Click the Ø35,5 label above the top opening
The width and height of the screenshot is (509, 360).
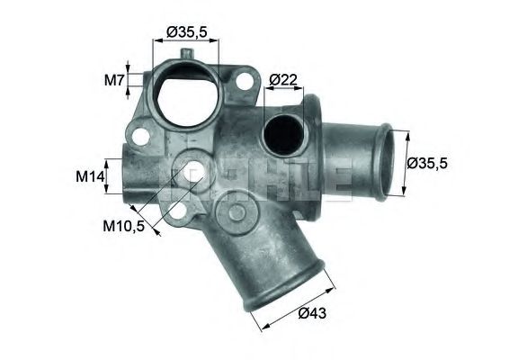click(187, 32)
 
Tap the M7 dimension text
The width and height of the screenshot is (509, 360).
click(114, 79)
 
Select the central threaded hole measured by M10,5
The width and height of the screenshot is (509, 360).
click(192, 169)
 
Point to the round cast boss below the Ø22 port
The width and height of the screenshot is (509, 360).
click(239, 213)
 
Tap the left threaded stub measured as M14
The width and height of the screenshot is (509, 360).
click(126, 175)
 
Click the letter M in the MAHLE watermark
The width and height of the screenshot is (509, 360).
click(176, 174)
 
